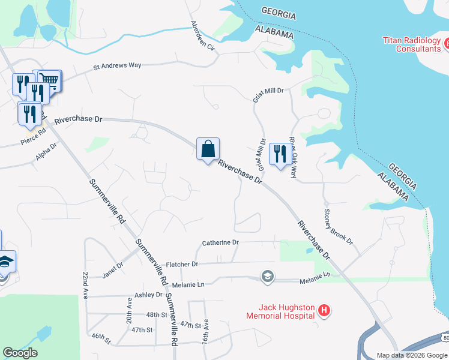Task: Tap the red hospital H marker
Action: click(324, 310)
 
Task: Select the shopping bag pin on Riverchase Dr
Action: click(208, 149)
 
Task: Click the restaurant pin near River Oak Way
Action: click(280, 155)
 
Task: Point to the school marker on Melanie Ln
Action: click(267, 277)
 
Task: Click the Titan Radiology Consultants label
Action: click(411, 44)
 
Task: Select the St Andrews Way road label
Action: click(117, 66)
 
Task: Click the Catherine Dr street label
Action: click(220, 242)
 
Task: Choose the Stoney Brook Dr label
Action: click(338, 226)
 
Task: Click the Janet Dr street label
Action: click(112, 265)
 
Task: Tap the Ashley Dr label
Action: click(148, 295)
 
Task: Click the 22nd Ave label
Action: click(85, 284)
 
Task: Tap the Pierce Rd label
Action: click(33, 138)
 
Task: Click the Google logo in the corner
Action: click(20, 353)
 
